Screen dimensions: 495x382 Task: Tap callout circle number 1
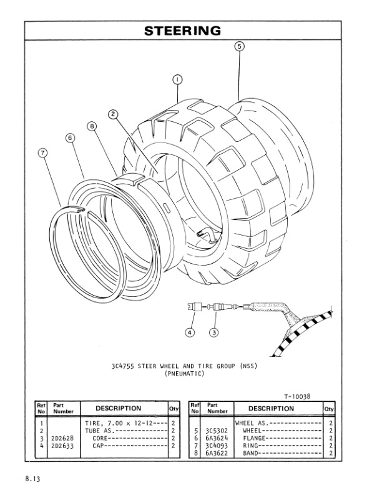[177, 80]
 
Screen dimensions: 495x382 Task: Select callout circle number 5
[240, 46]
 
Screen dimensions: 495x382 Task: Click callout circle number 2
[113, 114]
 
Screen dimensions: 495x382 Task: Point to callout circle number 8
[92, 126]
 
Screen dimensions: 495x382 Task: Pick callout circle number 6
[70, 137]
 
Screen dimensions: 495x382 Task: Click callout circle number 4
[190, 332]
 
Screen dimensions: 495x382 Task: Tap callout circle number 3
[213, 332]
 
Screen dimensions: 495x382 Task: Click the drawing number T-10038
[297, 396]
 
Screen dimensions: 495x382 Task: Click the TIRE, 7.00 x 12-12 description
[119, 424]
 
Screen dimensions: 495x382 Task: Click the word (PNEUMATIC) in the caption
[185, 373]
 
